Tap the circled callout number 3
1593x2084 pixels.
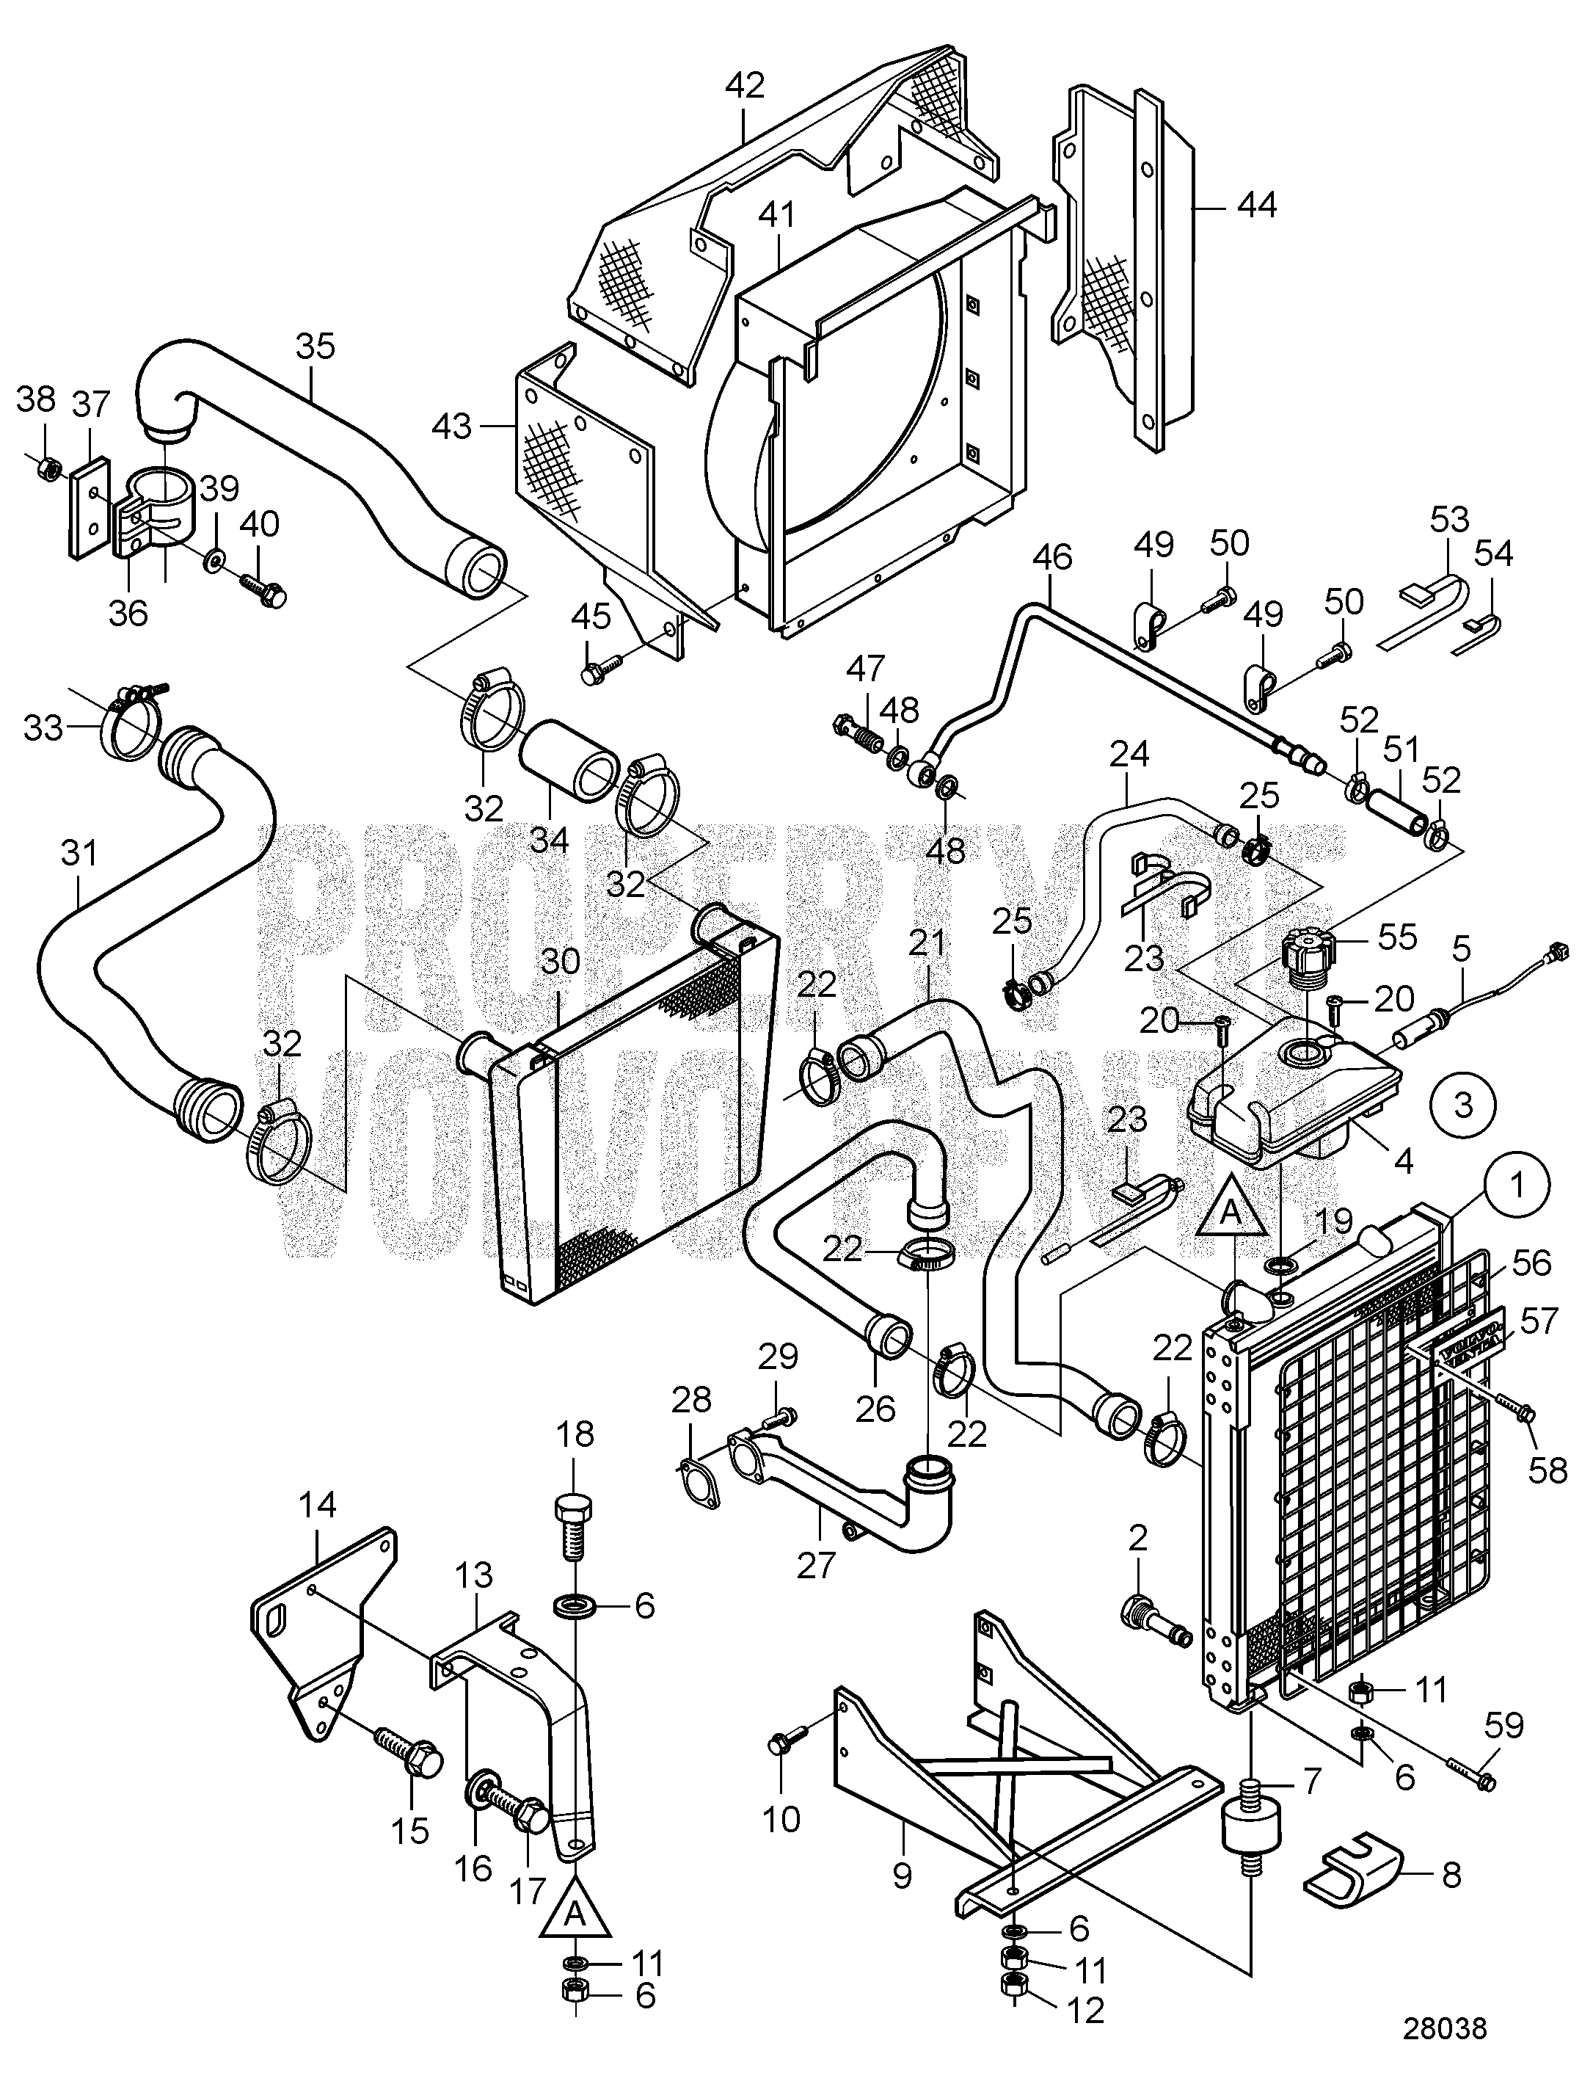click(1464, 1105)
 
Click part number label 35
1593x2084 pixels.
click(315, 348)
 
